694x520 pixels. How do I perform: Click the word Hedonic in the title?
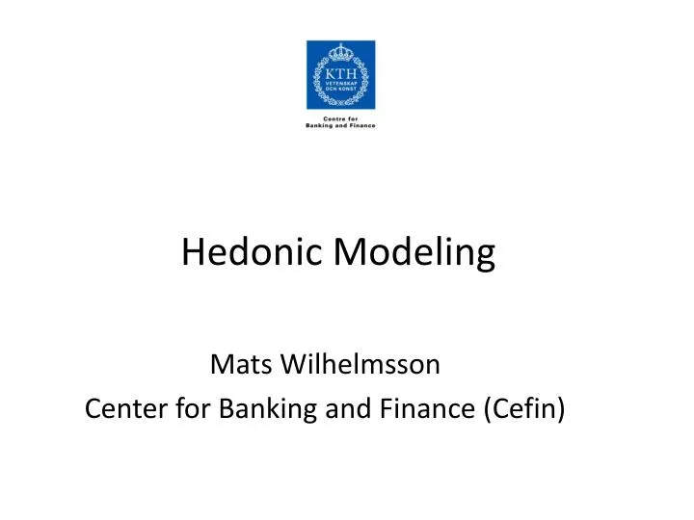(x=253, y=252)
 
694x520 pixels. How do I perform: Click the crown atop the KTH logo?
(x=340, y=49)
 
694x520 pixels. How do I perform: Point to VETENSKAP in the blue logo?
(x=340, y=83)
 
